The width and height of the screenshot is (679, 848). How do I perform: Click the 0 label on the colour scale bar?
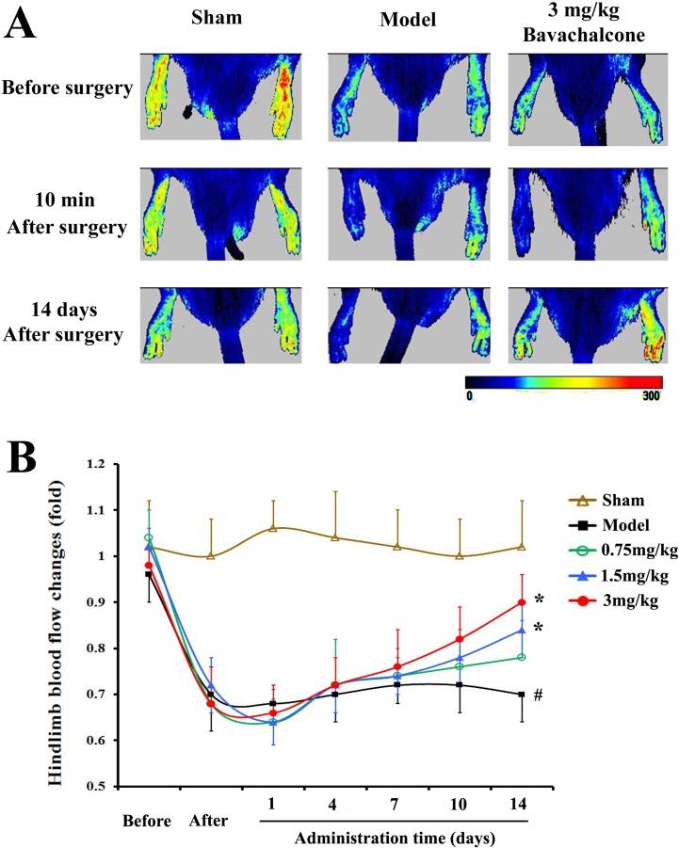470,395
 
